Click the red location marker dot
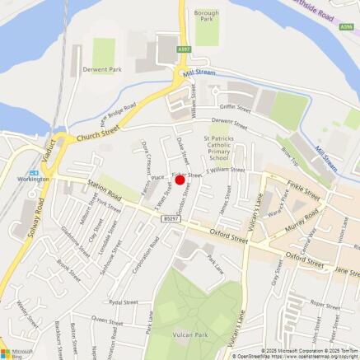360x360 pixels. (x=180, y=179)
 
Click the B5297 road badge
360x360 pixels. (x=170, y=217)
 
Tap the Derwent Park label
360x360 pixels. (x=102, y=70)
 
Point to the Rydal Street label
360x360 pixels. (x=122, y=302)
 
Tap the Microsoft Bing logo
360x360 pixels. (x=16, y=352)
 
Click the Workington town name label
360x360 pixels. (x=35, y=178)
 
